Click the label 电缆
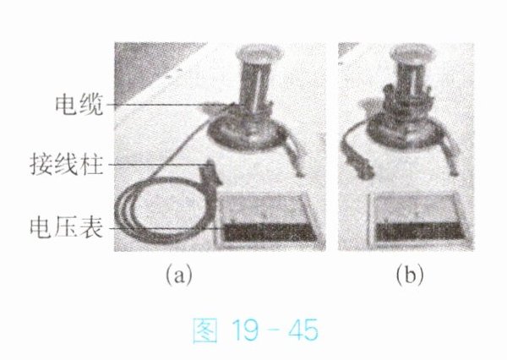tap(79, 105)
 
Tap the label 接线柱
tap(67, 165)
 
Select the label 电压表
tap(67, 227)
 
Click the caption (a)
tap(179, 275)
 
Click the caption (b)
tap(410, 275)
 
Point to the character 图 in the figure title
tap(205, 330)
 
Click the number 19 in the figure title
tap(248, 330)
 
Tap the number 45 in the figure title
tap(303, 330)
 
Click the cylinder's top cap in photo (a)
tap(259, 56)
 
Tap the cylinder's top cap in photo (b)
tap(413, 54)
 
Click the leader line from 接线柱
tap(159, 165)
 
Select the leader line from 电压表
tap(166, 228)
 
